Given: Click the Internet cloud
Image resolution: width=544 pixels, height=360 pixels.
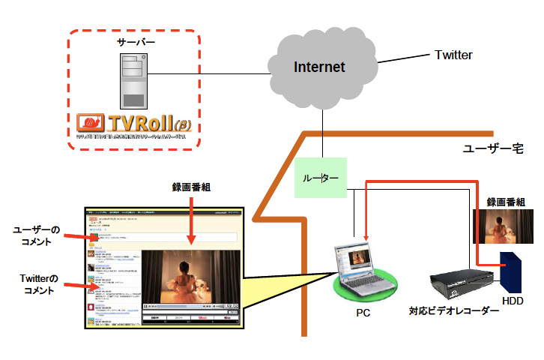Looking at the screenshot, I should click(320, 67).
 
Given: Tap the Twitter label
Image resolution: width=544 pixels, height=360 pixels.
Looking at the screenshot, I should click(453, 55).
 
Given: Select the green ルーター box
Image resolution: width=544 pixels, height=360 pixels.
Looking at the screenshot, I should click(321, 178).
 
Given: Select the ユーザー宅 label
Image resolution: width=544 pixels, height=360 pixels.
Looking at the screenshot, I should click(492, 150).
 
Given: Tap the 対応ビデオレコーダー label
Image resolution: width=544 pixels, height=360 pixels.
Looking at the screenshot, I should click(453, 309).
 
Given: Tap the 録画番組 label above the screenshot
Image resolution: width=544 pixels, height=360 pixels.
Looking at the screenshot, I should click(191, 187).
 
